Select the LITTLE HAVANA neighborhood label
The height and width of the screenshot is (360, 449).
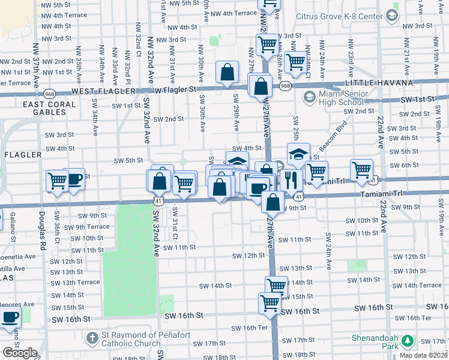click(x=378, y=83)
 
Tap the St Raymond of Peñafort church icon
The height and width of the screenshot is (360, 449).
click(x=92, y=338)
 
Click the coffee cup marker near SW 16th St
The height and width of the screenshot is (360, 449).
click(x=10, y=316)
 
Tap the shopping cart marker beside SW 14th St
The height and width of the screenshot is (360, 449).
click(x=276, y=286)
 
